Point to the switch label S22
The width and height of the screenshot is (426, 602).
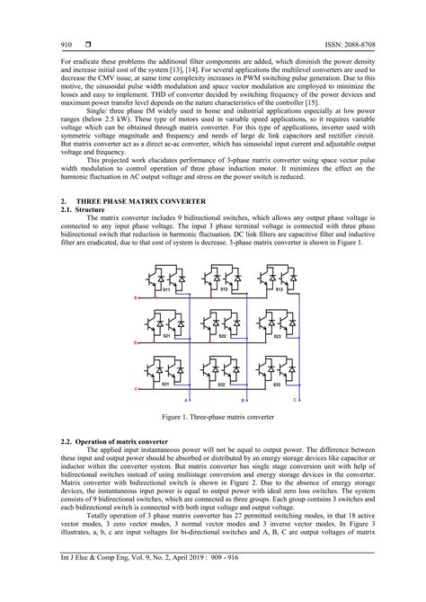click(x=223, y=336)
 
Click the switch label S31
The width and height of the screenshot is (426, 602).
click(x=165, y=384)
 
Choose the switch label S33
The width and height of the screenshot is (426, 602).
click(x=279, y=384)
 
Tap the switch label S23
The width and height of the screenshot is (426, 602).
click(x=279, y=336)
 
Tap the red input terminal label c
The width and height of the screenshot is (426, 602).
click(x=136, y=389)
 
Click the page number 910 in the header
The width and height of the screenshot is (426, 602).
click(x=67, y=44)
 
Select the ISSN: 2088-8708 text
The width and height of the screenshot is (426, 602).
click(x=335, y=44)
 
